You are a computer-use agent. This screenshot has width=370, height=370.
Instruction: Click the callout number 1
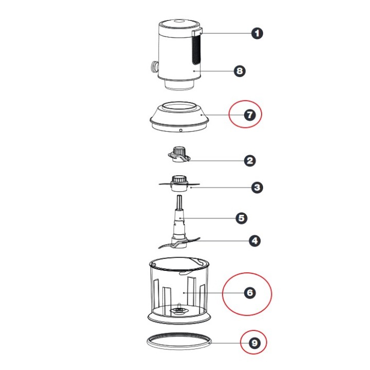[x=257, y=33]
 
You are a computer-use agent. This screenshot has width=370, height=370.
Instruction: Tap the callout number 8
[x=239, y=71]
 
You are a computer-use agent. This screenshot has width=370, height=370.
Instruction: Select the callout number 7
[x=250, y=115]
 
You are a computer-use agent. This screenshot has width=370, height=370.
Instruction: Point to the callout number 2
[x=250, y=161]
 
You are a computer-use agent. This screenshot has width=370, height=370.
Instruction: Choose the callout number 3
[x=257, y=188]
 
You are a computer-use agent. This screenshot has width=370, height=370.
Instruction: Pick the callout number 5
[x=242, y=218]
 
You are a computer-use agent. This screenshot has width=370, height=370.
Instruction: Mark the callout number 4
[x=254, y=241]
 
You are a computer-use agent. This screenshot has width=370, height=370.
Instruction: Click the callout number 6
[x=250, y=293]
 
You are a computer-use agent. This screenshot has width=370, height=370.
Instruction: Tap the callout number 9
[x=254, y=343]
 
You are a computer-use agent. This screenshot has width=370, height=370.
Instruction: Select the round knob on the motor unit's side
[x=155, y=67]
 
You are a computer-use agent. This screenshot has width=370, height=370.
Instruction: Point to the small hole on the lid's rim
[x=181, y=130]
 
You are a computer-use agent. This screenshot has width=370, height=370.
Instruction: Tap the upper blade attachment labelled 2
[x=179, y=155]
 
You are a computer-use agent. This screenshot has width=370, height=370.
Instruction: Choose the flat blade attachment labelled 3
[x=179, y=183]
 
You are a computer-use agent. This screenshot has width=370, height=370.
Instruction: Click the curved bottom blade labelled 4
[x=179, y=243]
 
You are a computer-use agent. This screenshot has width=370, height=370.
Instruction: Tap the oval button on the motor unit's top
[x=179, y=22]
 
